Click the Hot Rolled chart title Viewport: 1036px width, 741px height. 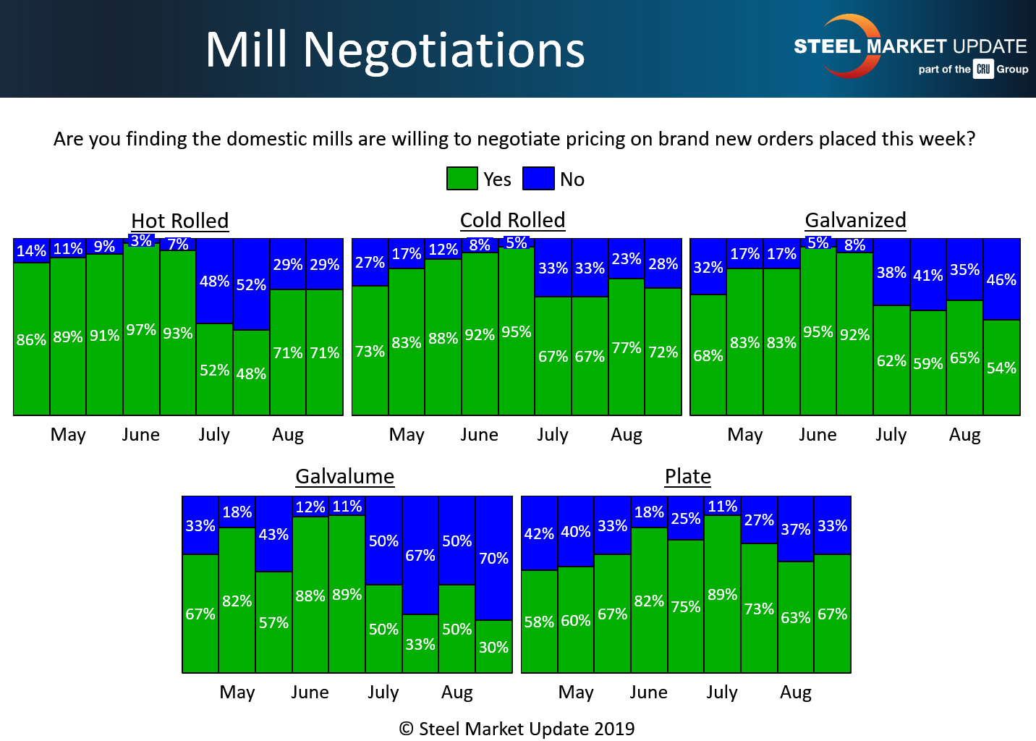tap(179, 221)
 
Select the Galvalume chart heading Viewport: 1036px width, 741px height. tap(344, 476)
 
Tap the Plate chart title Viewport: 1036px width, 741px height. tap(687, 476)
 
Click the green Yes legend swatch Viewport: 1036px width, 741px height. tap(462, 179)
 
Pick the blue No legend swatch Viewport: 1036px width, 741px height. tap(538, 179)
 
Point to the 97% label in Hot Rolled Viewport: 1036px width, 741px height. tap(141, 330)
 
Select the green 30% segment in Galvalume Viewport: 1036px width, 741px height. tap(494, 646)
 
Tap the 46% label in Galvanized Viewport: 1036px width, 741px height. tap(1001, 279)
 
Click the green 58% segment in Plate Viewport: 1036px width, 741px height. tap(539, 622)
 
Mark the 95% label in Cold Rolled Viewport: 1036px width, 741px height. tap(517, 331)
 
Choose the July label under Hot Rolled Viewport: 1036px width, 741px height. tap(214, 434)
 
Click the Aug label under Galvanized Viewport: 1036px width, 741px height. tap(964, 434)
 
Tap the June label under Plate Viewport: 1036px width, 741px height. tap(648, 692)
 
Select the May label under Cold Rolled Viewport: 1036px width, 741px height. tap(407, 434)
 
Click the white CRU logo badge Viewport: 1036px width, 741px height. tap(982, 69)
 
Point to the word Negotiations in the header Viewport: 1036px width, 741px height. tap(443, 50)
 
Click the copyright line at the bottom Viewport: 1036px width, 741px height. tap(517, 729)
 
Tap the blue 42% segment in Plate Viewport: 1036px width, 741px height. tap(539, 533)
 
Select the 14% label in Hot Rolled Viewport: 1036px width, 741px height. tap(31, 251)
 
